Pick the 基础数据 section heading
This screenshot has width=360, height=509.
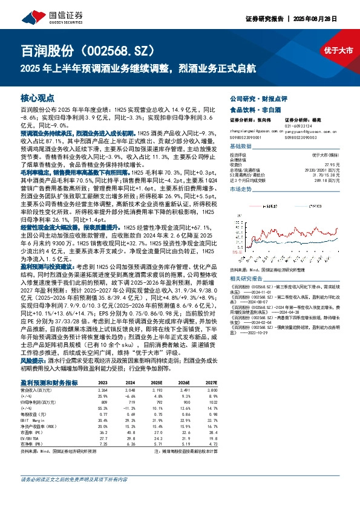[x=241, y=146]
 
